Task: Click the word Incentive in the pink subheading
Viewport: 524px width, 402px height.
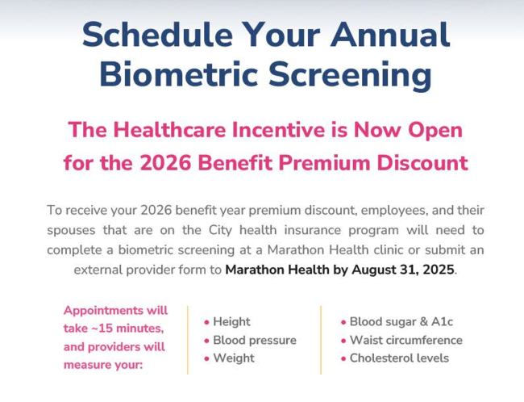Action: pos(298,129)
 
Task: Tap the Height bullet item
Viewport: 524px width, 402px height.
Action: pos(231,321)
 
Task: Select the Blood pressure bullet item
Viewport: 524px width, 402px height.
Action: pos(254,340)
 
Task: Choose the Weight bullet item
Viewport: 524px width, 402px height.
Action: pos(233,358)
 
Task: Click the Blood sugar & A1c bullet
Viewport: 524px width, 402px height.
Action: pos(400,321)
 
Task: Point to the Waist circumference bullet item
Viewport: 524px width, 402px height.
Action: pos(405,340)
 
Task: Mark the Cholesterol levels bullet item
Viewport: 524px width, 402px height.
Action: pos(398,358)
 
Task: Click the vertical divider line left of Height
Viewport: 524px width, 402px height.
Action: pos(188,340)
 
